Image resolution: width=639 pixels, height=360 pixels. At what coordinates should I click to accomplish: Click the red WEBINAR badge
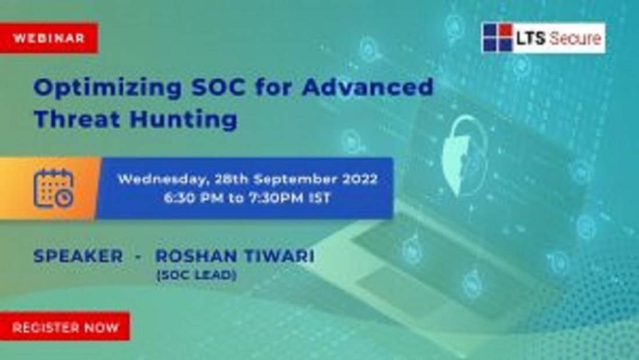coord(49,38)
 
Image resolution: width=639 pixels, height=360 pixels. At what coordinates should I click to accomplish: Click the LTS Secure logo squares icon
coord(497,38)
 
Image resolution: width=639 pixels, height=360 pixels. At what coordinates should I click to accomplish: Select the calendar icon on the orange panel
coord(53,188)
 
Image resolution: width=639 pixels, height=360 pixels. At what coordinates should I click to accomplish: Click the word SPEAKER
coord(78,256)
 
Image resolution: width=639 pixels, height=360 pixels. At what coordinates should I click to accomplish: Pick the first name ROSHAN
coord(191,256)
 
